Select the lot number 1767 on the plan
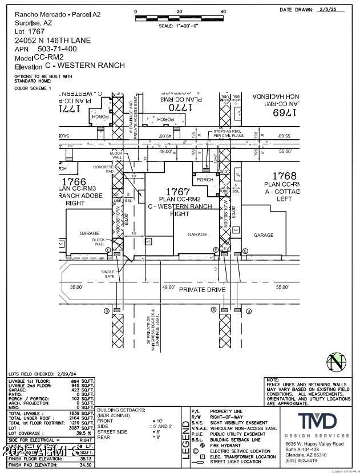click(177, 191)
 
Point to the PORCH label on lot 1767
click(205, 180)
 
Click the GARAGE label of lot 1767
click(197, 234)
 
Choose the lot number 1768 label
click(285, 176)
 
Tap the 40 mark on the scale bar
click(223, 11)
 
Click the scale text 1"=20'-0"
click(179, 26)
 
